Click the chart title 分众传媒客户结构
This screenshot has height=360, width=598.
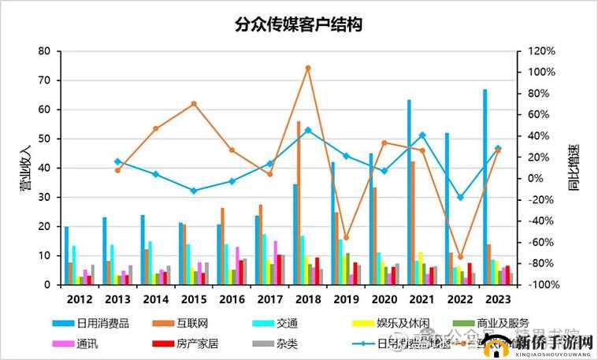pos(299,24)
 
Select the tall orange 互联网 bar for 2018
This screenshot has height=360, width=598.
pos(299,203)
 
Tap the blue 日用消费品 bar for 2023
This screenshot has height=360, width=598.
pos(485,187)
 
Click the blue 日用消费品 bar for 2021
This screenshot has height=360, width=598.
pos(409,192)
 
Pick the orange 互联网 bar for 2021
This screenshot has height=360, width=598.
pos(413,223)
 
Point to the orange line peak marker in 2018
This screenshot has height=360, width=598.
pos(307,68)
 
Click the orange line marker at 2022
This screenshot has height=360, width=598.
pos(460,257)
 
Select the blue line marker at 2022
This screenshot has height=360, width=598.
pos(460,197)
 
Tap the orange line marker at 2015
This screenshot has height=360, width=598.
pos(194,104)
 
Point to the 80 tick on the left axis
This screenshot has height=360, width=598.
pos(44,51)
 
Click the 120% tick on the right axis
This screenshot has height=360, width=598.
pos(541,51)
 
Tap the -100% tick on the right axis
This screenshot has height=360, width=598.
pos(541,284)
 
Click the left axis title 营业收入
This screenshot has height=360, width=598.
pos(24,168)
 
